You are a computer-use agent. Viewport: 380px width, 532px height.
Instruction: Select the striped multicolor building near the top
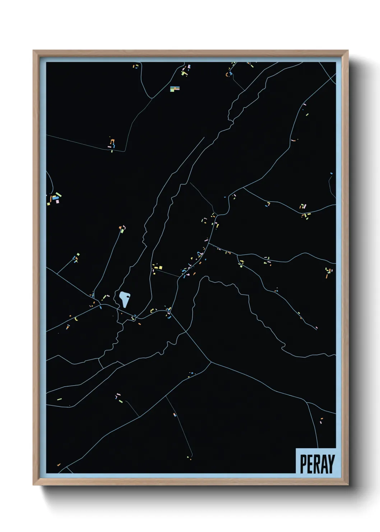(x=175, y=88)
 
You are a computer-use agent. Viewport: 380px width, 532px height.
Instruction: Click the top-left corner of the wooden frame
(x=33, y=51)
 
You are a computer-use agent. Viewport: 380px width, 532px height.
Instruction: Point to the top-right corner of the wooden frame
(x=348, y=51)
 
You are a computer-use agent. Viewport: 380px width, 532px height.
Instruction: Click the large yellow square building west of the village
(x=160, y=267)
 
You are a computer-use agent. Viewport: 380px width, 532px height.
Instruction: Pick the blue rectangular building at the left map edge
(x=55, y=197)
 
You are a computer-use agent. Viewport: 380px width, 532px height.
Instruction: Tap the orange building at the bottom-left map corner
(x=59, y=465)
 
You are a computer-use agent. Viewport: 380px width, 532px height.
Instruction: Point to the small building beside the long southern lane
(x=175, y=415)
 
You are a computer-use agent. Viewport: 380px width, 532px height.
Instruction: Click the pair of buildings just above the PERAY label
(x=321, y=421)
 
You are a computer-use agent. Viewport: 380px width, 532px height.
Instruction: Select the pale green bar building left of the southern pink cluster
(x=59, y=399)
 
